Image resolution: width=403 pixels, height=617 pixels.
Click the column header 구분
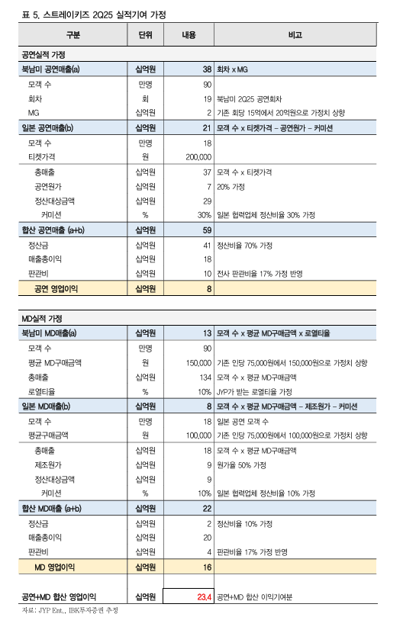click(73, 35)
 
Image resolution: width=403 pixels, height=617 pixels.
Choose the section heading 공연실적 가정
click(46, 55)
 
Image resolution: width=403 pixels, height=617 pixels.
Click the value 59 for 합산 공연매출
click(206, 229)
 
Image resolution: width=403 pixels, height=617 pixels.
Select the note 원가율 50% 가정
click(247, 464)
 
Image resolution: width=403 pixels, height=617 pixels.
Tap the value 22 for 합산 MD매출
click(206, 508)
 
